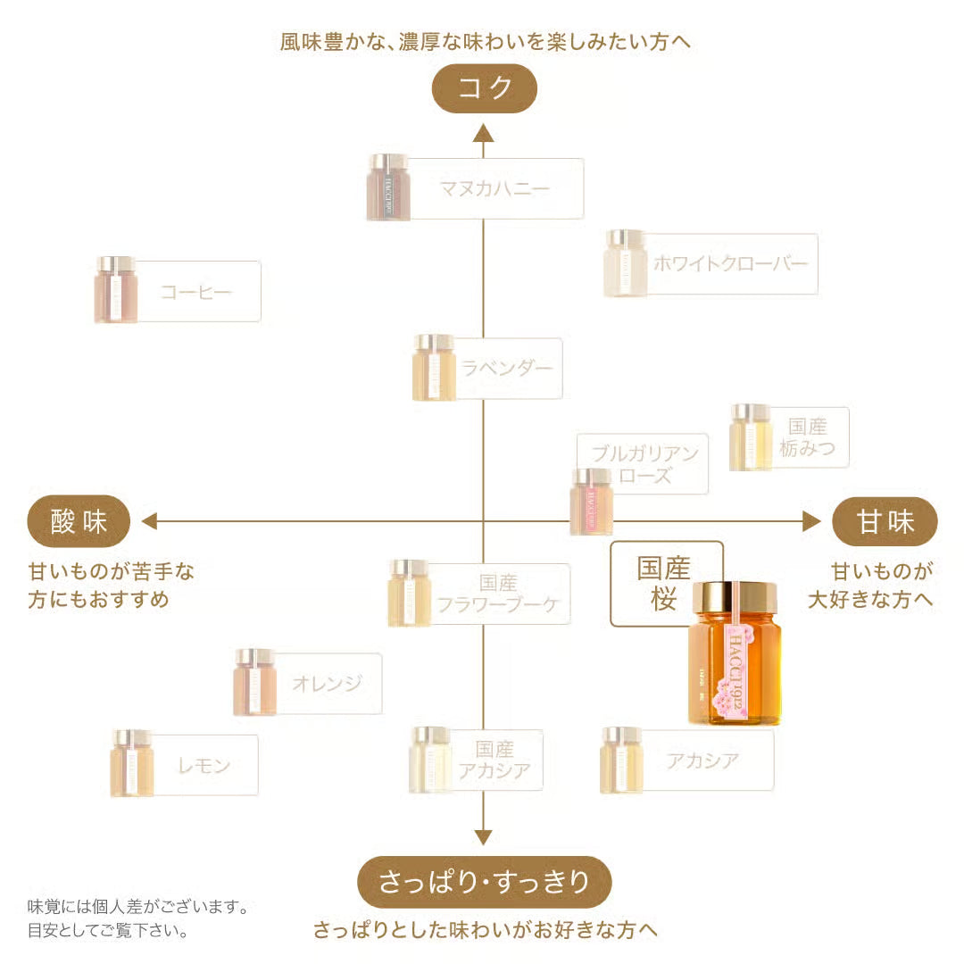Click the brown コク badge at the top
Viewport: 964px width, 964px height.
485,88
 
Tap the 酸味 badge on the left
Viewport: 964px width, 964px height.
79,521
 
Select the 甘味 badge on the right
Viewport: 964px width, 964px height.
885,521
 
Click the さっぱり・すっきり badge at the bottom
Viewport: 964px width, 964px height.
485,882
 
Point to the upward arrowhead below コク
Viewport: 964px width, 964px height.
484,134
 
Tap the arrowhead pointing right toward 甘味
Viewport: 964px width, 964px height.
811,521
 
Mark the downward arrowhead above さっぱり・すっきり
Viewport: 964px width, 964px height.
484,836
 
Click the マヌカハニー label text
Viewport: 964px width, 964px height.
494,188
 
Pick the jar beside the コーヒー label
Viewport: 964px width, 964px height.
116,289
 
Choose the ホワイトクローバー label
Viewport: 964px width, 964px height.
729,264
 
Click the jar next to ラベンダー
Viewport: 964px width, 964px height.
435,367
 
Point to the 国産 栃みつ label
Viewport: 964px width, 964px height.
807,437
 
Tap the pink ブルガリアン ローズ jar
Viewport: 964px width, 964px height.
591,502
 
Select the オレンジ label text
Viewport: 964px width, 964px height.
327,684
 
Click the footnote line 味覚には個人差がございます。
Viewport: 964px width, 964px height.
137,907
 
